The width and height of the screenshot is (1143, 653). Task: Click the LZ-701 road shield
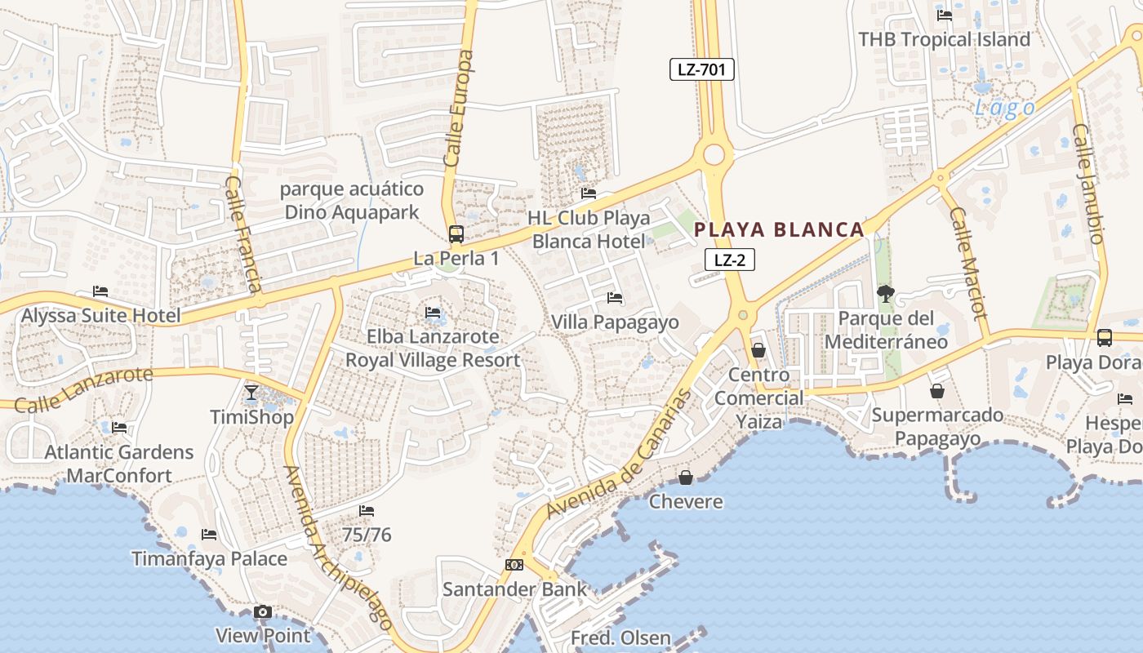702,69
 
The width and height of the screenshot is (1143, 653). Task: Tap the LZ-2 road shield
729,260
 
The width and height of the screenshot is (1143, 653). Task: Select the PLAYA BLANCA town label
779,229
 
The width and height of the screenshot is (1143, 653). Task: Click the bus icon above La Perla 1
456,234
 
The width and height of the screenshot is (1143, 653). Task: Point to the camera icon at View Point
262,612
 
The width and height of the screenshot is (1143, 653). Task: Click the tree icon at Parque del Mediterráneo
885,293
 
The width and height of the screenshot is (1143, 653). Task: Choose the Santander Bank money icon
514,565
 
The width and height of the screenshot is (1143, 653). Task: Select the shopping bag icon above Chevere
686,477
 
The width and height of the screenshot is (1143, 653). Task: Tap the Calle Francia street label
243,235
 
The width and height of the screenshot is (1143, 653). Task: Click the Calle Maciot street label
968,263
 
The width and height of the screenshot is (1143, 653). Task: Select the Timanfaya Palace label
210,559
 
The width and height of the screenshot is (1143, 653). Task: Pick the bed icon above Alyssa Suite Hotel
100,291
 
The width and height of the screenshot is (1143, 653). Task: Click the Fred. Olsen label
620,638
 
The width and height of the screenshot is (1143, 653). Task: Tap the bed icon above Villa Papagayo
615,298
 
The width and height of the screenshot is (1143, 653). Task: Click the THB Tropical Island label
945,39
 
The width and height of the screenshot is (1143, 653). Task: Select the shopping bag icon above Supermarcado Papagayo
937,392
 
